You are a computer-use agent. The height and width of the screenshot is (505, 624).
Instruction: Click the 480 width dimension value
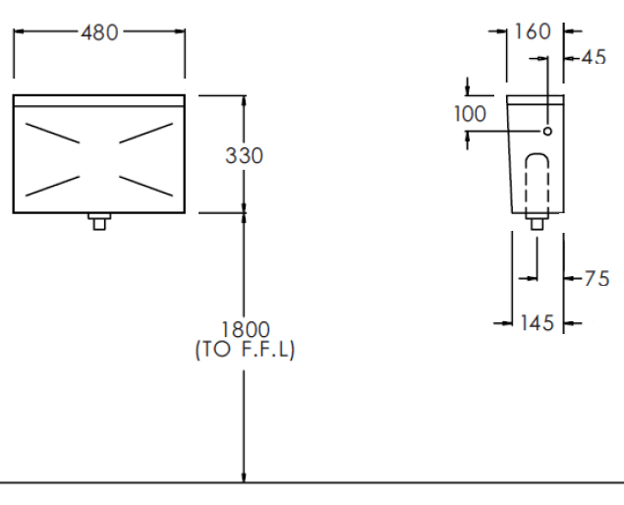point(99,32)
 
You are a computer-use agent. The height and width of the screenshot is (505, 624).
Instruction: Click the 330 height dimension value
point(244,155)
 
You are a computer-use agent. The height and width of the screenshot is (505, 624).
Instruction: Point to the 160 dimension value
point(533,31)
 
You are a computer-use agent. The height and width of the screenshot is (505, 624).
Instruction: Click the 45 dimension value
point(593,57)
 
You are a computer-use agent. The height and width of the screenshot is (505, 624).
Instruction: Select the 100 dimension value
point(470,114)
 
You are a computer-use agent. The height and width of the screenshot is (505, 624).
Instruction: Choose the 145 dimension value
point(536,322)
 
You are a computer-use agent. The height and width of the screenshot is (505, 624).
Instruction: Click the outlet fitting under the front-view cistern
point(98,221)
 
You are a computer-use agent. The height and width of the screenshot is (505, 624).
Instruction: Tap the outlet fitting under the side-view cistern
point(537,222)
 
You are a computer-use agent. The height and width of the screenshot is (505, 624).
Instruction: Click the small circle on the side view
point(547,131)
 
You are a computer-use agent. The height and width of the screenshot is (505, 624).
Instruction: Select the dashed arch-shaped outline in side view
point(537,182)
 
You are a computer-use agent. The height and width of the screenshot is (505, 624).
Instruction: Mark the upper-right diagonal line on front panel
point(146,133)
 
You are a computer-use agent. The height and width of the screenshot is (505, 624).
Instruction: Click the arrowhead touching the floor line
point(245,476)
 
